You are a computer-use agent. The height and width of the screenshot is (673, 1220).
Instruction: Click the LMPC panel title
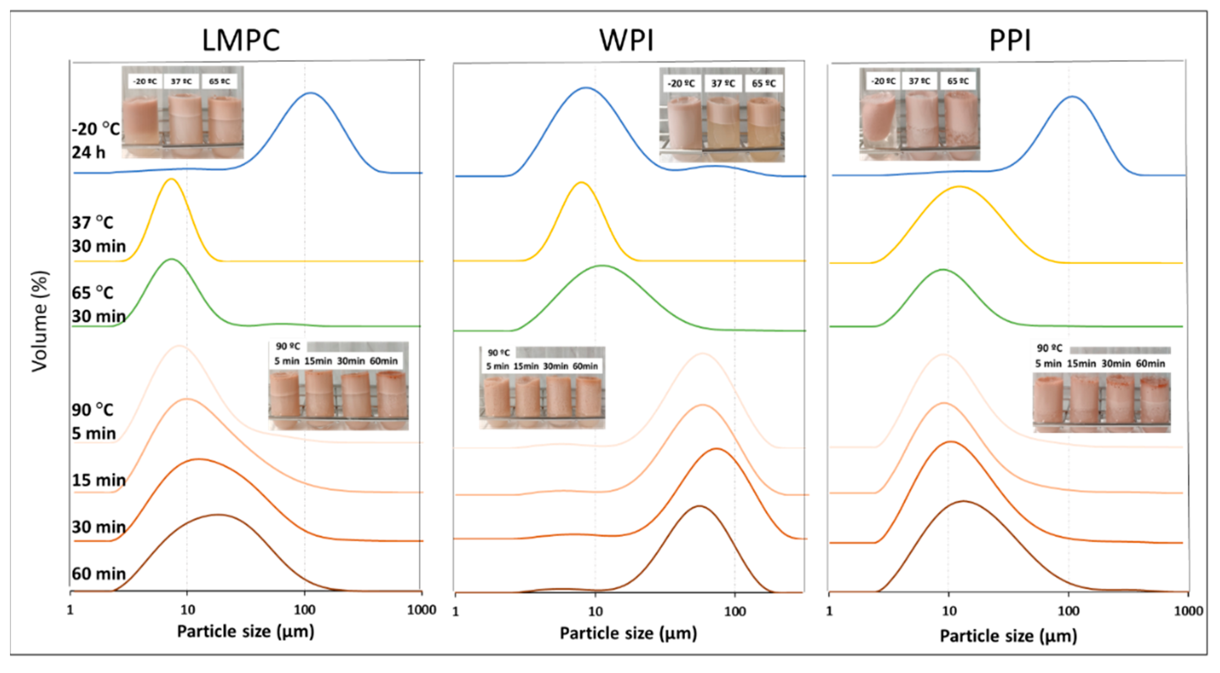click(241, 40)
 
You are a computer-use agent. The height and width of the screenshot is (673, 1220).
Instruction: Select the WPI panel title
click(626, 40)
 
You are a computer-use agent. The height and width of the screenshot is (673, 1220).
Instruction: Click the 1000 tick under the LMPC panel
click(421, 610)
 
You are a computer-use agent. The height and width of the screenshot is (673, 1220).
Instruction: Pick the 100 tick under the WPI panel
click(735, 611)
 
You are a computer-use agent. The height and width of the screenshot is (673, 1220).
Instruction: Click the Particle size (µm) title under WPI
click(628, 633)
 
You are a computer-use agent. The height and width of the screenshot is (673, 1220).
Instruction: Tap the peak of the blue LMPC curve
click(311, 93)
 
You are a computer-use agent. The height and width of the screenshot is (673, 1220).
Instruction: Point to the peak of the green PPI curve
click(943, 270)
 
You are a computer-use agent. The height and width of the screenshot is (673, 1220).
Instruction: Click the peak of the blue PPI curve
click(1072, 97)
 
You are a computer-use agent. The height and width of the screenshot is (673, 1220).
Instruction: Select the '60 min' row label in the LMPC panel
click(99, 574)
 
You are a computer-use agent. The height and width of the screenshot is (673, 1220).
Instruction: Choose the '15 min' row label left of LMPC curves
click(99, 480)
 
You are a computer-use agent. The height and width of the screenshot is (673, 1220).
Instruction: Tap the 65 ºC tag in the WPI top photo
click(763, 84)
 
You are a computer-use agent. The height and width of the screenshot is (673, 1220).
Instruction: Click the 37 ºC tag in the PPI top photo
click(919, 81)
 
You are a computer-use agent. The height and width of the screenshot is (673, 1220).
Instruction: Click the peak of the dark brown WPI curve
click(699, 506)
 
